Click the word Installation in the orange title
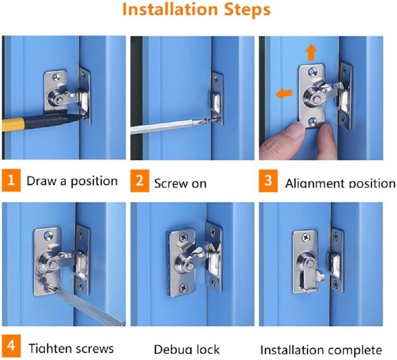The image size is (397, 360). coord(170,10)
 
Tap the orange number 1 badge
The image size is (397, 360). coord(11,180)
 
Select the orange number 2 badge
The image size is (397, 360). coord(140,181)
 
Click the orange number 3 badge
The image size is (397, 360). coord(268,181)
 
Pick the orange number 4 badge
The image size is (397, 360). coord(11,346)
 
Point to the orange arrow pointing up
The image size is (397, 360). coord(311,52)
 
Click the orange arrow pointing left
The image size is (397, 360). coord(284,94)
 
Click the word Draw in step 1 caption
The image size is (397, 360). coord(42,181)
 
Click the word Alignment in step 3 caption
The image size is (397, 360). coord(316,183)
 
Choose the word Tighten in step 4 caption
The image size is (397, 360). coord(50,348)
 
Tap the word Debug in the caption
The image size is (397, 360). coord(174,350)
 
